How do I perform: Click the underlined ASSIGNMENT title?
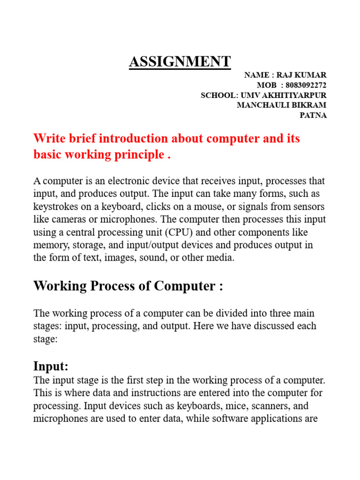pyautogui.click(x=180, y=61)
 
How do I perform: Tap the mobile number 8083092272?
pyautogui.click(x=306, y=85)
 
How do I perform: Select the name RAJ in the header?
pyautogui.click(x=285, y=75)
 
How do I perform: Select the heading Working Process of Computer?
pyautogui.click(x=128, y=286)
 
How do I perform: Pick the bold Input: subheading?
pyautogui.click(x=51, y=366)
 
